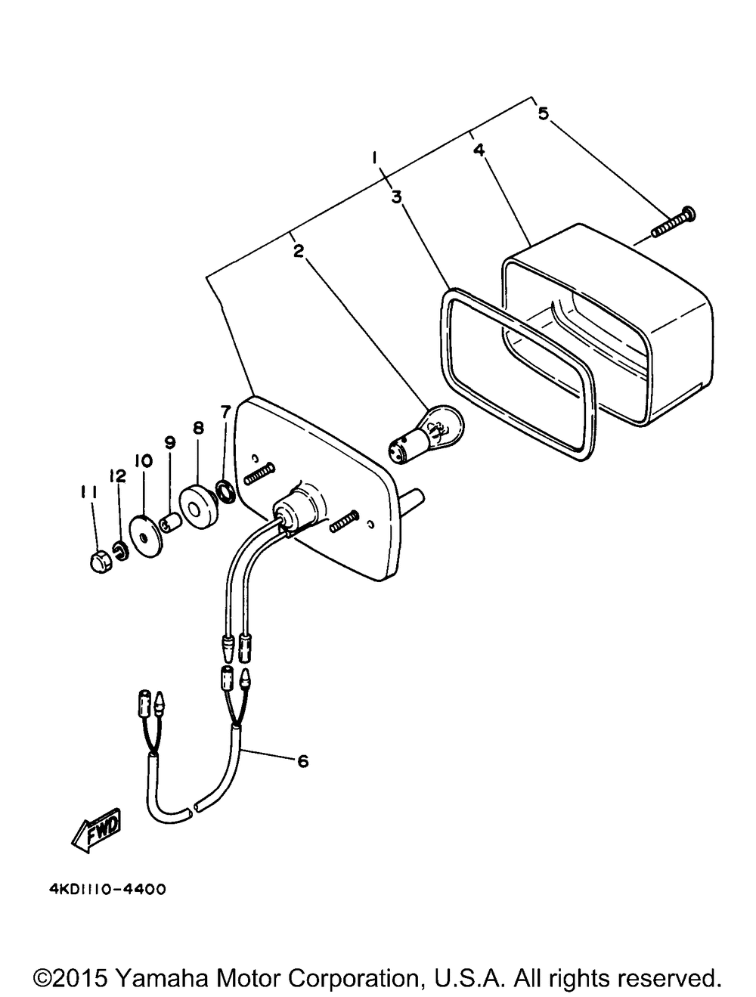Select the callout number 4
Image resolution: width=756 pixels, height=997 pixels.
[479, 148]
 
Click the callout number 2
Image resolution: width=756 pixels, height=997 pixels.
[298, 250]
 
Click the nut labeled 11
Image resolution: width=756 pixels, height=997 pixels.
[99, 562]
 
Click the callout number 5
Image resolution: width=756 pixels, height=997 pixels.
[544, 113]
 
